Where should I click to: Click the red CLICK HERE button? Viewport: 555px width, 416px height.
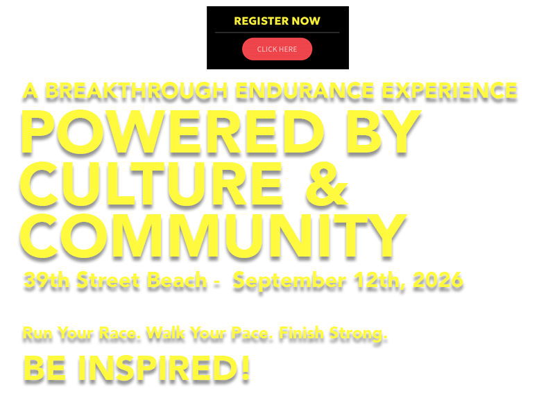277,49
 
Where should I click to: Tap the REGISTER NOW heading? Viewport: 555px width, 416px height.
277,21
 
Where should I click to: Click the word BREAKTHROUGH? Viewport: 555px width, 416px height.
137,91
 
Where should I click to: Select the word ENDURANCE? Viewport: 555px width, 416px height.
305,91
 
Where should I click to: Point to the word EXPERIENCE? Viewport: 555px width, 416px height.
450,91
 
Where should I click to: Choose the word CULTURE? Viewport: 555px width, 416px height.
151,184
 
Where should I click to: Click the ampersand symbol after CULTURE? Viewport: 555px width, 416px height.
326,184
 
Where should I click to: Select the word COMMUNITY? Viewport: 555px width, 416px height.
213,236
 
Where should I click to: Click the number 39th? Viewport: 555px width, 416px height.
46,281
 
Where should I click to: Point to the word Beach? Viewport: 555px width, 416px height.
177,281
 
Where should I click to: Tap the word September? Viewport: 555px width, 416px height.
289,281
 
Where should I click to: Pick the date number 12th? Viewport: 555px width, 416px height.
379,281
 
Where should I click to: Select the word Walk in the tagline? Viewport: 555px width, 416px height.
166,333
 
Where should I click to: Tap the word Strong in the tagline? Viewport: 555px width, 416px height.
358,334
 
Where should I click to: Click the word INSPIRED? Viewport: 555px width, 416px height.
158,369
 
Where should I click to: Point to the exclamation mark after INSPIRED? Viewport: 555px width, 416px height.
246,369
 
